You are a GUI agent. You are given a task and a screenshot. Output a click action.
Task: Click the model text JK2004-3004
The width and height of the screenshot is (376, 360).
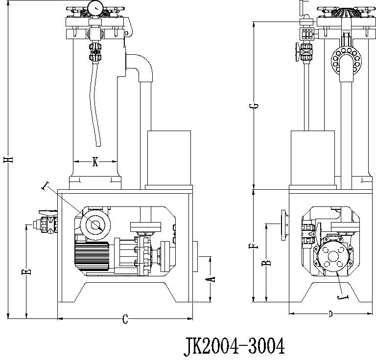(234, 346)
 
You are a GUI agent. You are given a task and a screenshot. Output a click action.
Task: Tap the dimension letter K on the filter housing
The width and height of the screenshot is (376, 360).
(95, 162)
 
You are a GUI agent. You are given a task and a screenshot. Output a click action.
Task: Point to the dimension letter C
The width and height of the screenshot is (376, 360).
(125, 320)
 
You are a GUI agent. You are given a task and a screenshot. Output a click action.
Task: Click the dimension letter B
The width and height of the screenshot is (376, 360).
(267, 263)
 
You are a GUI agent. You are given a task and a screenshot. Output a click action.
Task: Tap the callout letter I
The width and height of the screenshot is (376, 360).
(47, 185)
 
